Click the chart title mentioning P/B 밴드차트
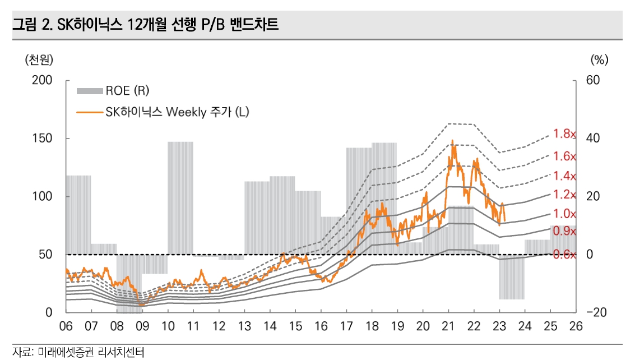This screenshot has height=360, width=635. tap(146, 25)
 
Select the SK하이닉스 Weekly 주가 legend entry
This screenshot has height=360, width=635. tap(178, 112)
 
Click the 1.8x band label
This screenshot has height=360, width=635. tap(564, 133)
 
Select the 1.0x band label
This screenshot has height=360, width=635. tap(564, 214)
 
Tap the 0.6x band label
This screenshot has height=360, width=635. tap(564, 254)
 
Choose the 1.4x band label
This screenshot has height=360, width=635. tap(564, 176)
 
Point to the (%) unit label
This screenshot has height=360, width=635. tap(599, 59)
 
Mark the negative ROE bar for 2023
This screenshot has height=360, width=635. tap(512, 277)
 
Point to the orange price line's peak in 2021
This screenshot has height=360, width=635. tap(452, 141)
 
